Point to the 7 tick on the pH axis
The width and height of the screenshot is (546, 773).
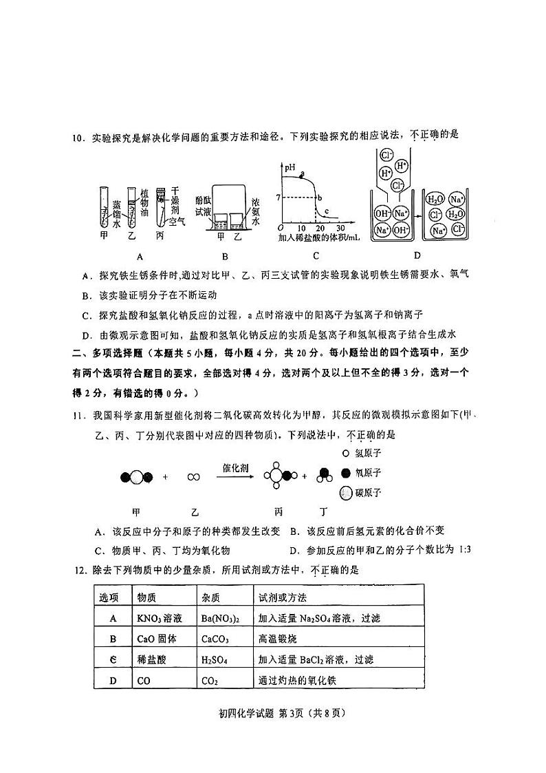[x=277, y=198]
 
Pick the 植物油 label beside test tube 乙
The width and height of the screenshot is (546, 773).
[x=144, y=184]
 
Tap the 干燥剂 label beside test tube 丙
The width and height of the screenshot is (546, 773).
[x=175, y=184]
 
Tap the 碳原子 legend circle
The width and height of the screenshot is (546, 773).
[x=345, y=493]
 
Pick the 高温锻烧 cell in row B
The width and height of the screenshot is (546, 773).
[x=276, y=639]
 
